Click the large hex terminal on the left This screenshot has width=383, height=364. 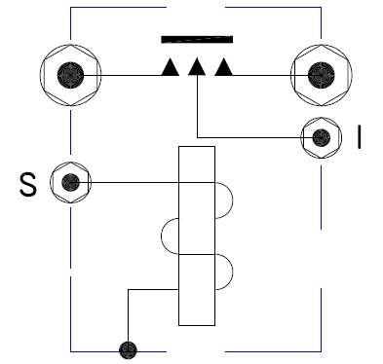[71, 75]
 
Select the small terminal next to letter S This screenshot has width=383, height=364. [70, 181]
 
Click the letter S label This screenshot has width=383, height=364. [27, 183]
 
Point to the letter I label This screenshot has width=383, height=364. [360, 137]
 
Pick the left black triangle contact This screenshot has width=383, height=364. [170, 68]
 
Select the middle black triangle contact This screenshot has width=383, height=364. [197, 68]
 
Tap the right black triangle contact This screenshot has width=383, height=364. [224, 68]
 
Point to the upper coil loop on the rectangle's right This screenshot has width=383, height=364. [225, 200]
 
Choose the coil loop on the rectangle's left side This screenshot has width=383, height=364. [169, 236]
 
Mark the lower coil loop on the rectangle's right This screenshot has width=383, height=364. [225, 272]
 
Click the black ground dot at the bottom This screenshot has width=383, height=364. [126, 348]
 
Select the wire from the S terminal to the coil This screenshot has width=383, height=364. [136, 181]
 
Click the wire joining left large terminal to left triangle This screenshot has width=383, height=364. [127, 75]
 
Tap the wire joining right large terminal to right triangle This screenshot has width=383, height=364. [263, 75]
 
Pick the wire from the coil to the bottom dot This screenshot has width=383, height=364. [126, 311]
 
